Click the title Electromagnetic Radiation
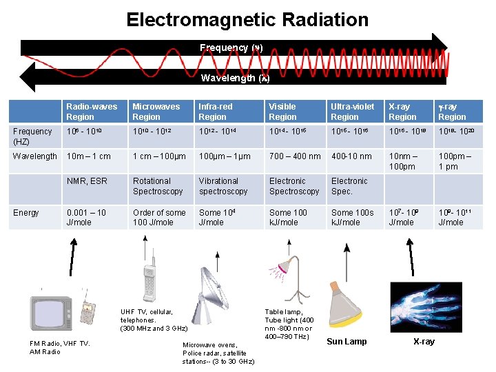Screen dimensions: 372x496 (x=247, y=19)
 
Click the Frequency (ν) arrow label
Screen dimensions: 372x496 (x=231, y=48)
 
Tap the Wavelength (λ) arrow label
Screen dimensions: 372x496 (x=231, y=78)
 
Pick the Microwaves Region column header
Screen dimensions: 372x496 (x=156, y=112)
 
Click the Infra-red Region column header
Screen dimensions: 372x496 (x=216, y=112)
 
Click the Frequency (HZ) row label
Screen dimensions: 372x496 (x=32, y=136)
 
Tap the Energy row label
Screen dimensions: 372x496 (x=26, y=213)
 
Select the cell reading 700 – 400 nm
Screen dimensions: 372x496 (x=294, y=156)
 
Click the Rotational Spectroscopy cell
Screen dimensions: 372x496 (x=158, y=186)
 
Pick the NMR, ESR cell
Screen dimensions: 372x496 (x=87, y=182)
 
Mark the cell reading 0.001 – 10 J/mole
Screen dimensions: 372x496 (x=86, y=218)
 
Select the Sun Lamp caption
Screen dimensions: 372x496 (x=347, y=342)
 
